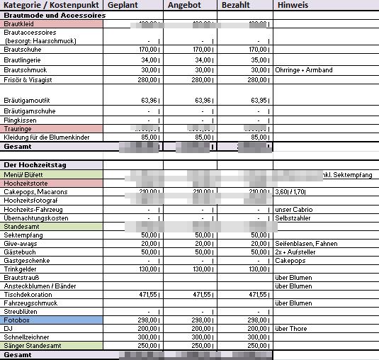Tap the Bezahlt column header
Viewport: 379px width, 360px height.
pyautogui.click(x=237, y=5)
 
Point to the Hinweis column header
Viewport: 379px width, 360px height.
pyautogui.click(x=293, y=5)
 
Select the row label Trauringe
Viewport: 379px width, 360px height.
pyautogui.click(x=18, y=128)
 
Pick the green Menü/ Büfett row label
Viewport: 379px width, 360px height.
pyautogui.click(x=24, y=174)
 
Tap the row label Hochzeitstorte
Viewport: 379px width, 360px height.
pyautogui.click(x=26, y=183)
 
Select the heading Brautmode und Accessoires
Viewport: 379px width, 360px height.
pyautogui.click(x=55, y=15)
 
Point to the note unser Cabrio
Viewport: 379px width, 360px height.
pyautogui.click(x=294, y=209)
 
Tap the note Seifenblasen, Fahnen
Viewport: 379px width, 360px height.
pyautogui.click(x=305, y=243)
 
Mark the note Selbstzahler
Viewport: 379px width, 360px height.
pyautogui.click(x=293, y=218)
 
